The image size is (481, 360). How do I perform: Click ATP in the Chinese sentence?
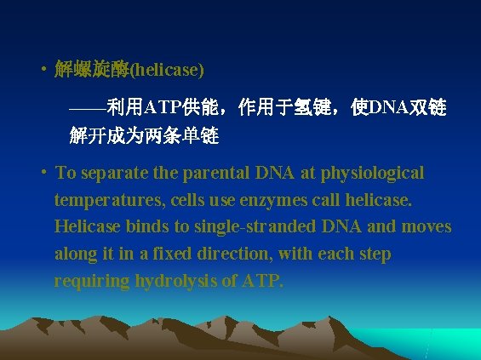tap(160, 108)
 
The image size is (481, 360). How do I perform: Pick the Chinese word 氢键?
tap(319, 108)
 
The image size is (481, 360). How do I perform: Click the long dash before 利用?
tap(88, 108)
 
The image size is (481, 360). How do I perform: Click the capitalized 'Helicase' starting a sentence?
tap(87, 227)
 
